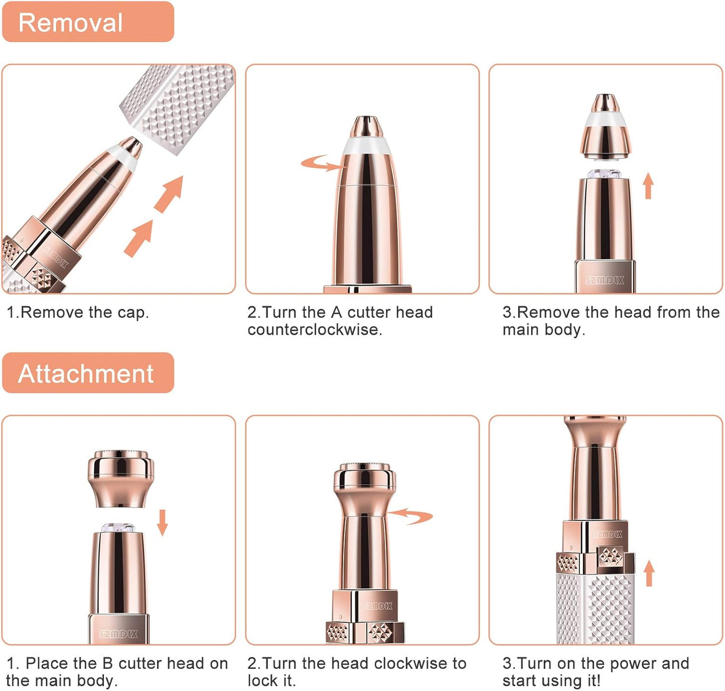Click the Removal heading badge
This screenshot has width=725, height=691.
[88, 23]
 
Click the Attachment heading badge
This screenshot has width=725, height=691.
[88, 373]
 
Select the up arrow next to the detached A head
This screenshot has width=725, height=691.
[648, 186]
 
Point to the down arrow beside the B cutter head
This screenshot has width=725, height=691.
[162, 522]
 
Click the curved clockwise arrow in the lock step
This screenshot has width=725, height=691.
[411, 515]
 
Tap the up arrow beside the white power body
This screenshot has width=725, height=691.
[649, 574]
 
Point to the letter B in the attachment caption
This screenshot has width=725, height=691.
[107, 663]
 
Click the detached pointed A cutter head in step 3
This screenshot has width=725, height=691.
[606, 128]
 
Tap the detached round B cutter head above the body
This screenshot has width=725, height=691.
[120, 477]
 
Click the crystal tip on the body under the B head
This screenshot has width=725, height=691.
[118, 528]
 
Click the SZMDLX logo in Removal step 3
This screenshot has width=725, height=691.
[605, 280]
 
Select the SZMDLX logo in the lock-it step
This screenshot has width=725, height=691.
[378, 606]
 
